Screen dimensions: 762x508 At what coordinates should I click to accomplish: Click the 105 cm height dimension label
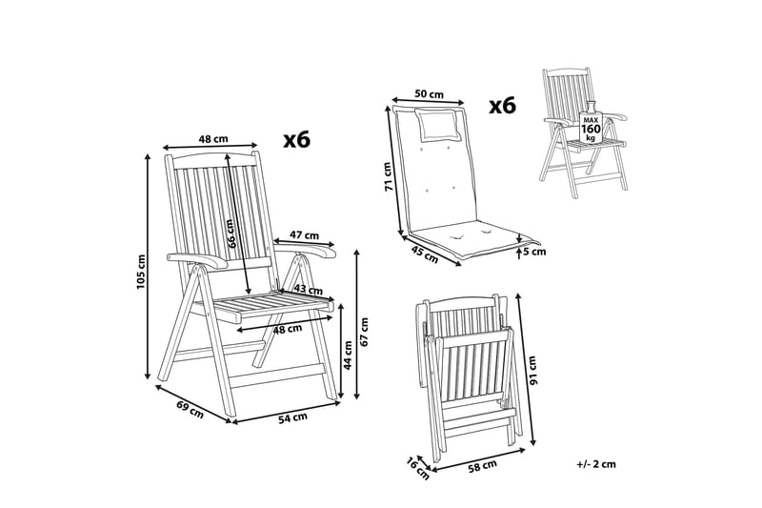141,272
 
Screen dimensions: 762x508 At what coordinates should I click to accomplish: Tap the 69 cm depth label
190,410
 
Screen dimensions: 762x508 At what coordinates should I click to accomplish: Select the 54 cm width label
293,417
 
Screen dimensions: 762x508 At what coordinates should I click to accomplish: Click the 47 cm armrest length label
304,234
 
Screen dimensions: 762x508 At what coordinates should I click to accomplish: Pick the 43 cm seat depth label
309,289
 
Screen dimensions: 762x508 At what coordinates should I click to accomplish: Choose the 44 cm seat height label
348,356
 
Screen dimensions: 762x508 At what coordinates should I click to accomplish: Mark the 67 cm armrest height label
365,332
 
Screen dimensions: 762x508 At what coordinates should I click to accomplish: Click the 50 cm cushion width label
430,93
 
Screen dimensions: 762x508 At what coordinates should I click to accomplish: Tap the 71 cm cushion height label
389,176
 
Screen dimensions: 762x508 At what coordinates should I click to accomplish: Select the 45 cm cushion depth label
425,254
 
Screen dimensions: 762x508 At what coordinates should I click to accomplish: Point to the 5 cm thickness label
534,252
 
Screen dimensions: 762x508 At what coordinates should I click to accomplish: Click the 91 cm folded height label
532,371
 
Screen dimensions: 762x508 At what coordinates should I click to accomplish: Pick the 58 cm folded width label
483,466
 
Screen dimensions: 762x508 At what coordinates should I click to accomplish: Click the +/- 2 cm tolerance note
596,464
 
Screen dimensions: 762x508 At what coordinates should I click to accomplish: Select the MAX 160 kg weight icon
591,123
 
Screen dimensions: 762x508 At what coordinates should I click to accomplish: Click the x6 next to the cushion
502,105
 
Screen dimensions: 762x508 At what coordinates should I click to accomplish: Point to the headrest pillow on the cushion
437,126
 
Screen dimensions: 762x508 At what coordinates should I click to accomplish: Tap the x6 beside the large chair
297,140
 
